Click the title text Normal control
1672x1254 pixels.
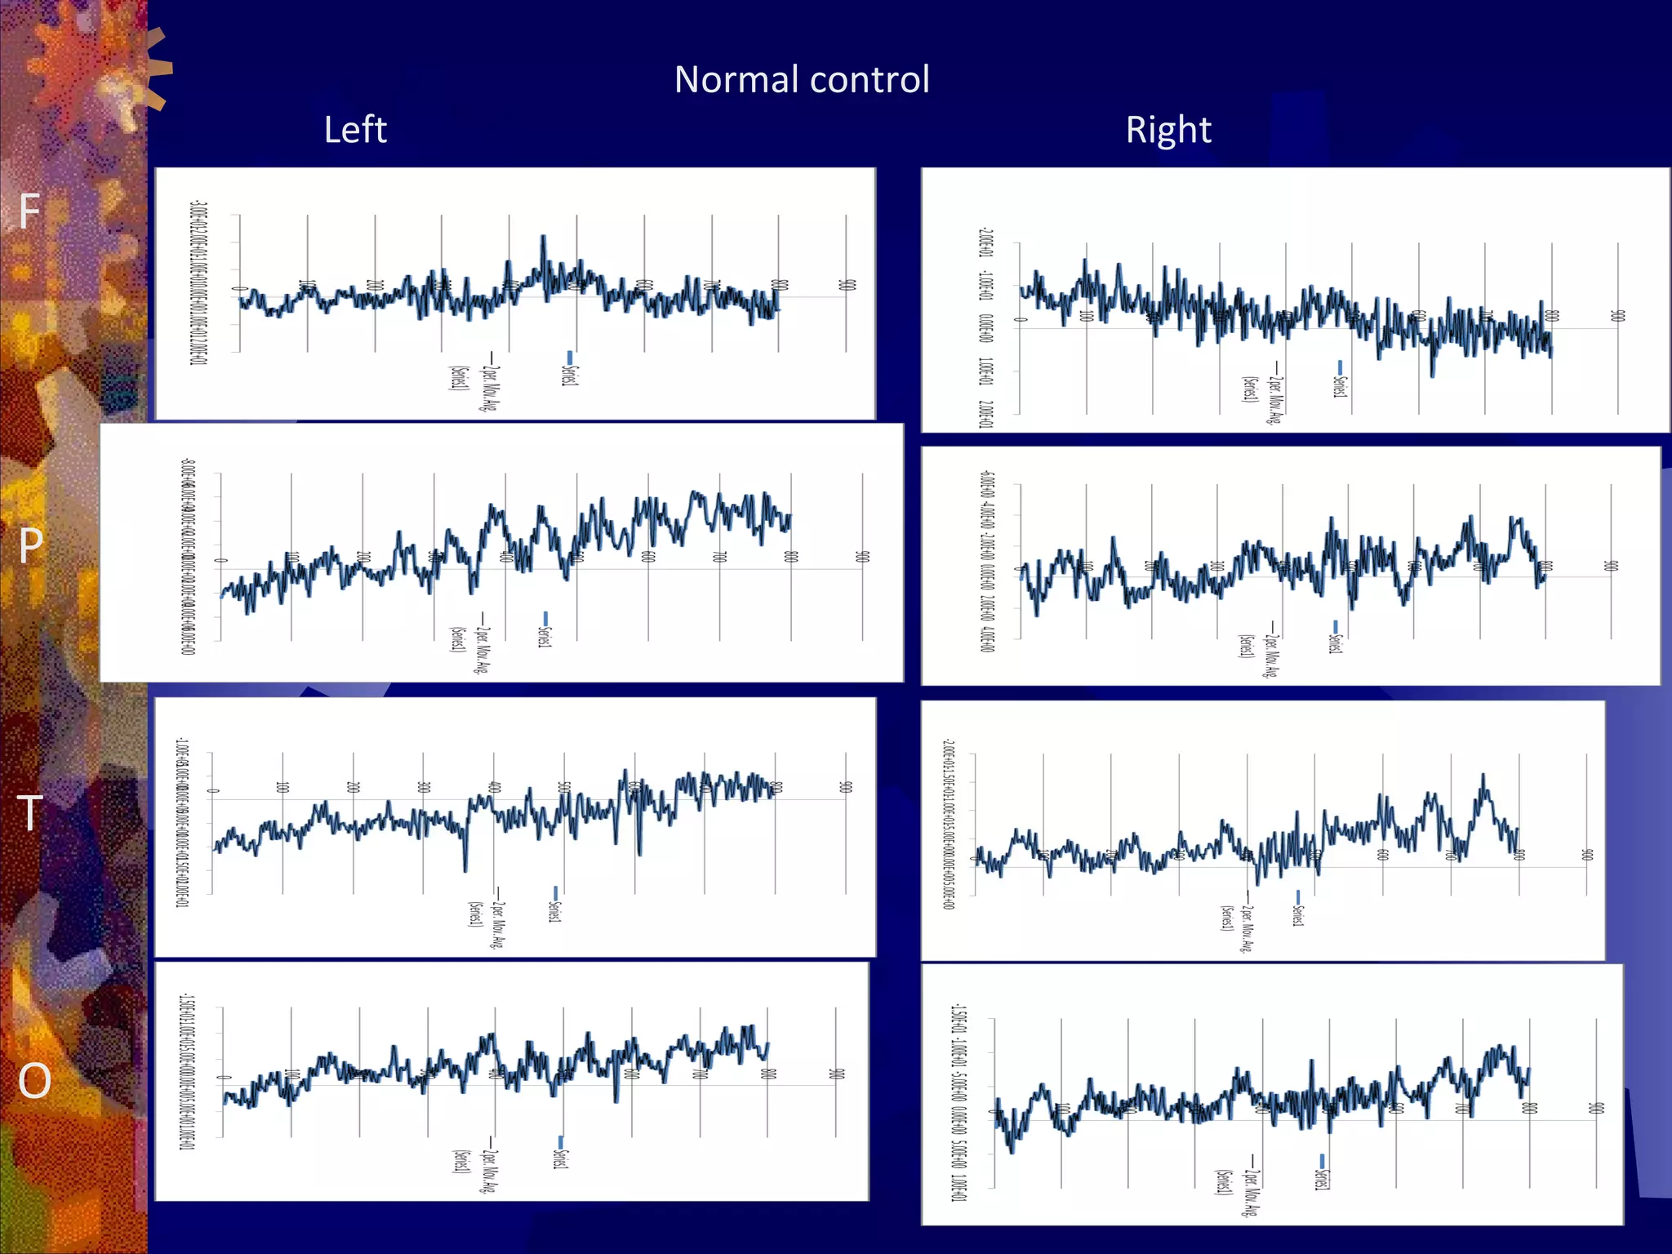point(802,80)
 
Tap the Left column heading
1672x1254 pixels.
point(355,130)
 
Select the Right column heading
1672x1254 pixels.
point(1168,130)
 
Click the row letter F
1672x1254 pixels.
point(29,211)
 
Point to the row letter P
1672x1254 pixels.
point(31,545)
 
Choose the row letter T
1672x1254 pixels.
point(30,813)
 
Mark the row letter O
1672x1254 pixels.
point(34,1081)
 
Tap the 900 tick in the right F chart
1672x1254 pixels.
point(1617,315)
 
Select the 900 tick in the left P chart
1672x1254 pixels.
point(862,557)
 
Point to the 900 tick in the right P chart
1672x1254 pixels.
point(1611,565)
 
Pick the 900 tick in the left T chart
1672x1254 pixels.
point(846,787)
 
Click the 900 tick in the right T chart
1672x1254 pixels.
point(1587,855)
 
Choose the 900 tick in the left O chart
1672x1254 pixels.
point(836,1074)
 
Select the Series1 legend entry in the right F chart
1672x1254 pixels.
point(1339,381)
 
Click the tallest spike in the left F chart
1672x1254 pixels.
point(543,237)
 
